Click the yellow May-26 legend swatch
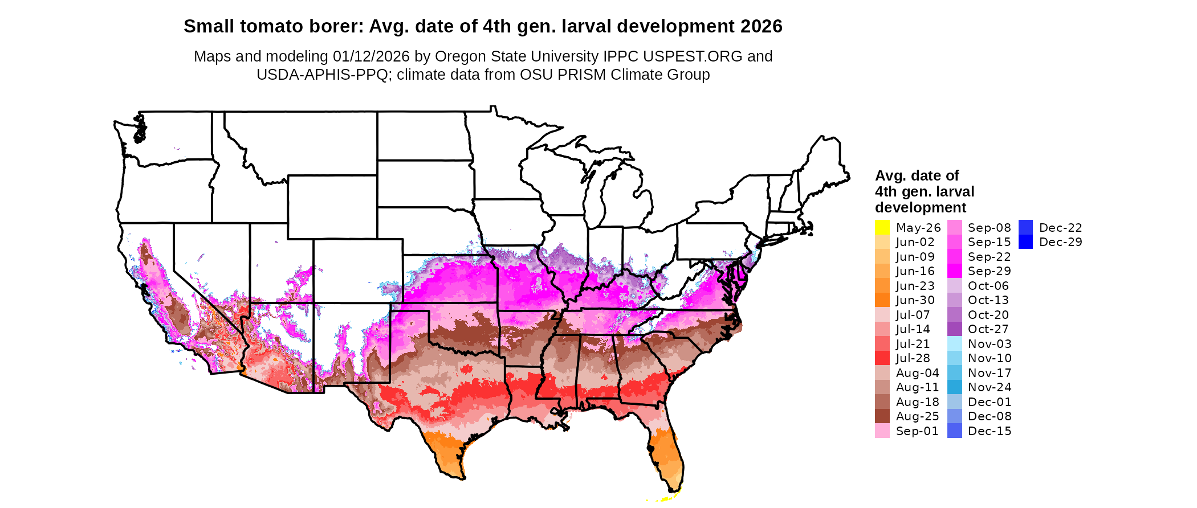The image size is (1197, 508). tap(882, 227)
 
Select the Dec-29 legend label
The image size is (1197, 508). tap(1060, 242)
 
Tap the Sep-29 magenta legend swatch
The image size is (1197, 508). tap(954, 271)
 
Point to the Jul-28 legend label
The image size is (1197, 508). tap(913, 358)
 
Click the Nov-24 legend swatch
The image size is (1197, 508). tap(954, 387)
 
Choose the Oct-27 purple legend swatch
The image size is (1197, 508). tap(954, 329)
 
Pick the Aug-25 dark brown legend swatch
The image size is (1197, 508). tap(882, 416)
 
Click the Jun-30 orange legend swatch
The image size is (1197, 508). tap(882, 300)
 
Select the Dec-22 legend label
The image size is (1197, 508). tap(1060, 228)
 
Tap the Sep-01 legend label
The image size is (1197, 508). tap(917, 431)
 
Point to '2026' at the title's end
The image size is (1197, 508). tap(762, 27)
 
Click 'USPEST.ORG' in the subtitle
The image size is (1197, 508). tap(693, 56)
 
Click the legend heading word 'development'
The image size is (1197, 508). tap(921, 207)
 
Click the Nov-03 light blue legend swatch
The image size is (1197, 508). tap(954, 343)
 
